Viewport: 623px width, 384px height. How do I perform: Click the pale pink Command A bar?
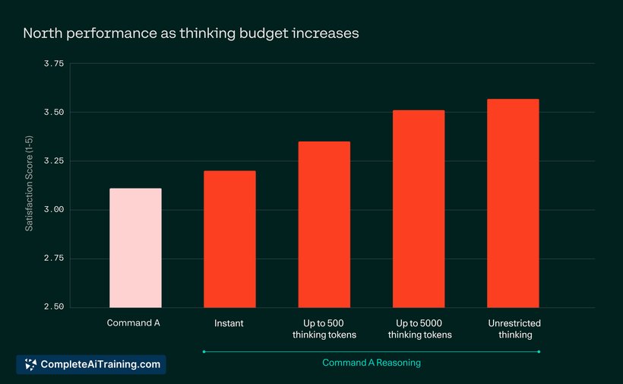pos(135,248)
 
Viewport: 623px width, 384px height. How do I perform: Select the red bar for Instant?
pos(229,239)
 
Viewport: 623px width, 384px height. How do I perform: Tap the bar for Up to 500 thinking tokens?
pos(324,224)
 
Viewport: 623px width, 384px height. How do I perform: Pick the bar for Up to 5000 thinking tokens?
pos(419,208)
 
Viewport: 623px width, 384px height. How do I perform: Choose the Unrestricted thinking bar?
pos(513,203)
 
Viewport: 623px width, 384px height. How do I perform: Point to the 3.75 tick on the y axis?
pos(54,64)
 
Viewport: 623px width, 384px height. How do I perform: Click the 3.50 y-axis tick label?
pos(54,113)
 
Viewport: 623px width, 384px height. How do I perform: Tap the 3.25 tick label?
pos(54,161)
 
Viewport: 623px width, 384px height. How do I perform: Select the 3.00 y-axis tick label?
pos(54,210)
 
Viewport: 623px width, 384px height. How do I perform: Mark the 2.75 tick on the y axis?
pos(54,259)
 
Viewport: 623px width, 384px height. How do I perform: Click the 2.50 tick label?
pos(54,307)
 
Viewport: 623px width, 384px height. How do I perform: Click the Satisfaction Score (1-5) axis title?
pos(29,183)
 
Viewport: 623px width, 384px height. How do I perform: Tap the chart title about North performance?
pos(191,33)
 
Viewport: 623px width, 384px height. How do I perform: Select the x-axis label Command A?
pos(134,322)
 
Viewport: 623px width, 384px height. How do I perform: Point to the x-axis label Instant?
pos(229,323)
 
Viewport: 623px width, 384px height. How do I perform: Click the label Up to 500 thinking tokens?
pos(324,329)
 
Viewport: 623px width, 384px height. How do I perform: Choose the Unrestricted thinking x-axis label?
pos(514,329)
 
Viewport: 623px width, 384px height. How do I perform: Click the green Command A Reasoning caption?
pos(372,363)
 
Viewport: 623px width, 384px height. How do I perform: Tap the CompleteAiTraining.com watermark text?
pos(100,364)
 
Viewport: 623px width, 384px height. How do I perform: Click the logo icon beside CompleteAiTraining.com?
pos(30,364)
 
